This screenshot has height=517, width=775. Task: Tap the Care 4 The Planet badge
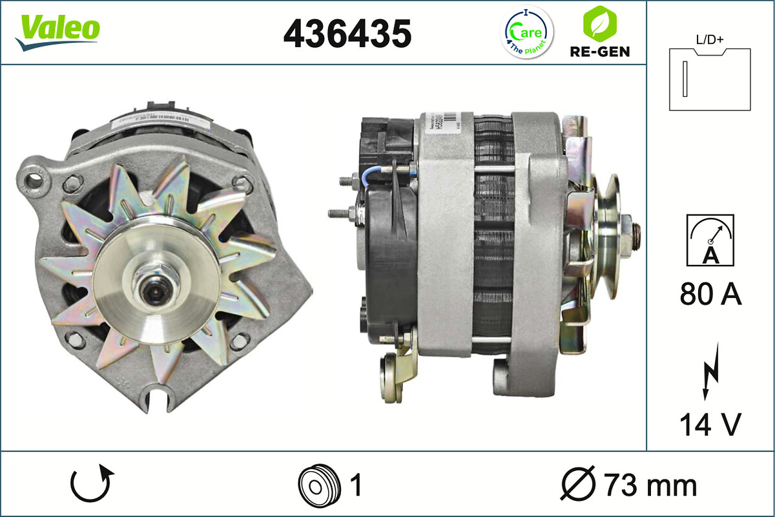coord(527,32)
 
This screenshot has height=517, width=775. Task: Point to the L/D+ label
coord(710,39)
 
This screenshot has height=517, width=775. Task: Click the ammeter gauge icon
coord(710,240)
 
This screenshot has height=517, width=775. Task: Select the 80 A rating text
coord(710,295)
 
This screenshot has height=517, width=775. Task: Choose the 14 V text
coord(710,425)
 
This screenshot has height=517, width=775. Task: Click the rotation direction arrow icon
coord(92,485)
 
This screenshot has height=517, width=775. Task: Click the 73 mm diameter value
coord(650,485)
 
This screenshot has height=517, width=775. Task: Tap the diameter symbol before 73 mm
coord(578,485)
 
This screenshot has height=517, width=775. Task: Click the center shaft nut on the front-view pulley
coord(152,288)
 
